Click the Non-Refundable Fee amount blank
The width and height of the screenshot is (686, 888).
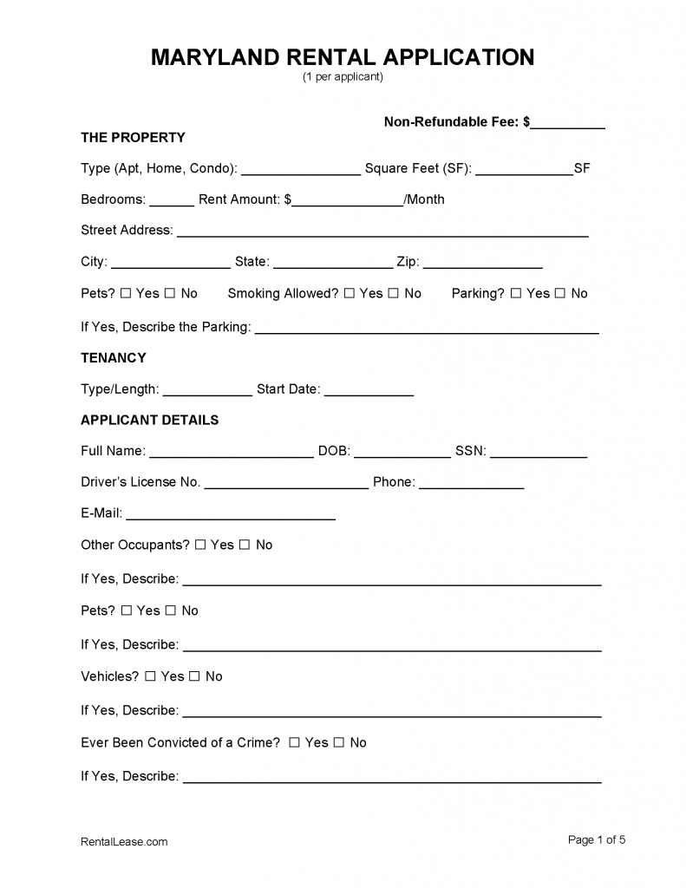point(567,123)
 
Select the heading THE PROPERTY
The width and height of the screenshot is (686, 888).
point(133,137)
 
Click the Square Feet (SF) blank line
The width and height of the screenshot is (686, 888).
point(524,169)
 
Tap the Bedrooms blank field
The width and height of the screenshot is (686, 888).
point(172,200)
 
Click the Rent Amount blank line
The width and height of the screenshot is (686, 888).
point(348,200)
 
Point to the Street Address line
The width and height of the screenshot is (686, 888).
point(382,232)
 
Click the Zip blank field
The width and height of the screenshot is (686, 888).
point(482,263)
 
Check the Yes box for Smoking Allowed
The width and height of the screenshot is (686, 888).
point(350,293)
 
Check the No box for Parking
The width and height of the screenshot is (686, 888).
point(560,293)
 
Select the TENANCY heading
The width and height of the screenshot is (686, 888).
point(113,357)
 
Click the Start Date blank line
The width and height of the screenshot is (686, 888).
point(369,390)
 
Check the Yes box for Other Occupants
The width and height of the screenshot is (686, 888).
point(200,545)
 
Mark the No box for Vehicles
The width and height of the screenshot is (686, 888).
point(194,676)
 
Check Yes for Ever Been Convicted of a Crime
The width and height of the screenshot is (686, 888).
point(295,742)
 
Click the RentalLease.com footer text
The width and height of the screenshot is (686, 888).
point(124,841)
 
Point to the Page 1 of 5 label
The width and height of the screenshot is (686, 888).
point(597,839)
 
